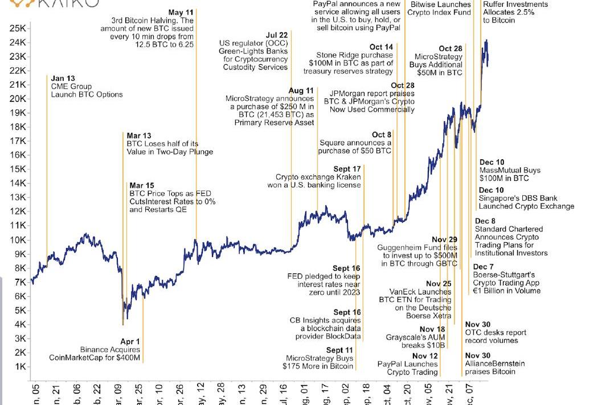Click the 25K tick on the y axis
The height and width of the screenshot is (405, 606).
(x=18, y=28)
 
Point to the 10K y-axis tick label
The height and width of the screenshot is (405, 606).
(x=17, y=240)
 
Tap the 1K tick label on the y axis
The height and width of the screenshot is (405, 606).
(x=19, y=367)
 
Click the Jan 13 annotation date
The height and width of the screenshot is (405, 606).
(x=63, y=78)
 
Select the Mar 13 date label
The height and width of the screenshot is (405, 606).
(x=139, y=136)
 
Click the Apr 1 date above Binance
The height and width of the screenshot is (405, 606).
(x=130, y=341)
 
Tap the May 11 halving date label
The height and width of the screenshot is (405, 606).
(x=181, y=12)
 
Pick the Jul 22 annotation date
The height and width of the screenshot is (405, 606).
(x=276, y=35)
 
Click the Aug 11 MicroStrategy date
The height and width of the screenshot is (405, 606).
(x=301, y=90)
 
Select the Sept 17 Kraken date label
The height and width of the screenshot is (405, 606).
(x=347, y=169)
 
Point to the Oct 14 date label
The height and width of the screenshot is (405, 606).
(x=381, y=47)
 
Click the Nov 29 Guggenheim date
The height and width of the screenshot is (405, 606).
(x=444, y=240)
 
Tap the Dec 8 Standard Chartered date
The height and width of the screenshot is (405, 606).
(x=485, y=221)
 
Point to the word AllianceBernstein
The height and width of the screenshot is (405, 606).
(x=495, y=363)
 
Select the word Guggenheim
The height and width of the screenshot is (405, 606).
(x=401, y=248)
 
